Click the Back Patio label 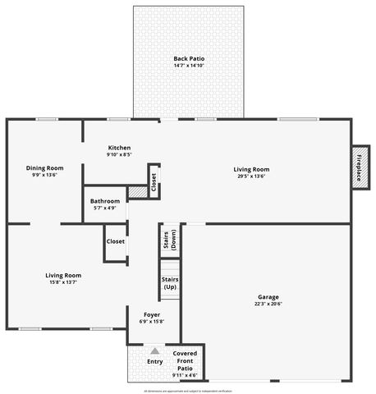tap(189, 58)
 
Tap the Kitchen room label tap(120, 148)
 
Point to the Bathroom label tap(105, 201)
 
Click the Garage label tap(269, 297)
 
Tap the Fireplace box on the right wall tap(358, 168)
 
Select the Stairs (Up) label tap(170, 283)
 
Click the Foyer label tap(152, 314)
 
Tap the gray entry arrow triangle tap(154, 351)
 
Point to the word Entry tap(154, 361)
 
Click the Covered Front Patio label tap(184, 358)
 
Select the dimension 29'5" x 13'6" tap(252, 176)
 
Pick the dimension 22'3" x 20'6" tap(269, 304)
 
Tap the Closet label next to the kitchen tap(154, 182)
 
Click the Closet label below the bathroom tap(116, 241)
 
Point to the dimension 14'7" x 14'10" tap(189, 66)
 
